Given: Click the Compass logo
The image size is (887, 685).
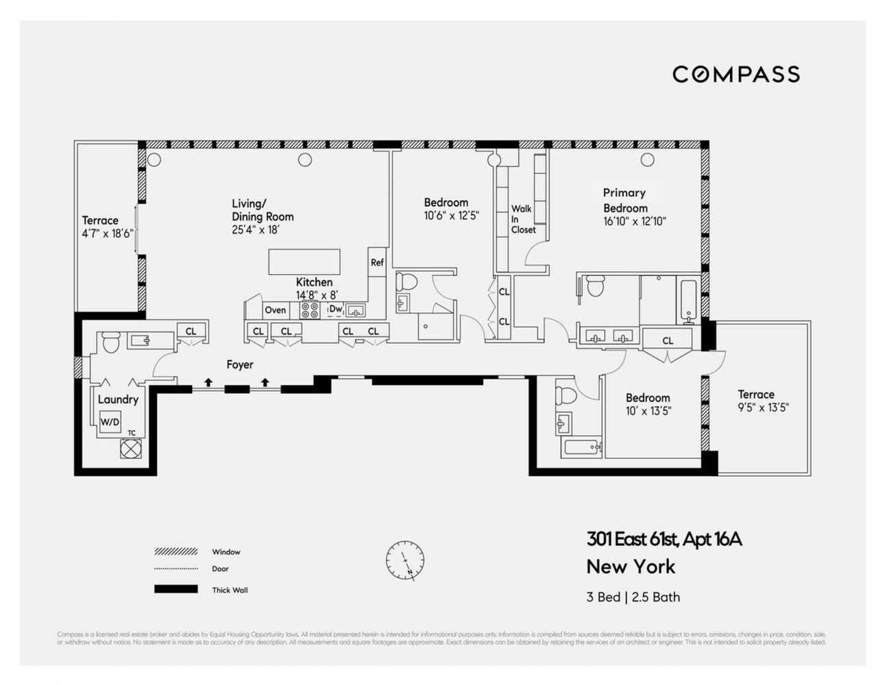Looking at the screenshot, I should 736,74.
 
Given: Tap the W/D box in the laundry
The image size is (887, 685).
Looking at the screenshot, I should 110,422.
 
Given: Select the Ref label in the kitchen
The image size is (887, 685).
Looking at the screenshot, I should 377,262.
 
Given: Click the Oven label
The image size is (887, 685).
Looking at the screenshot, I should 275,310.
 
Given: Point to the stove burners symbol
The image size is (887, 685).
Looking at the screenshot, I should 310,310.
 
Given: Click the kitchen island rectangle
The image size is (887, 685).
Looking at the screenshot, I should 304,262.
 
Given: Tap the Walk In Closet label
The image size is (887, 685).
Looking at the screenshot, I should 522,219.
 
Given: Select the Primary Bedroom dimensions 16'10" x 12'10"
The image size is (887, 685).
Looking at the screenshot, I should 635,221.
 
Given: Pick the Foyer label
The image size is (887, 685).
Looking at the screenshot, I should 240,365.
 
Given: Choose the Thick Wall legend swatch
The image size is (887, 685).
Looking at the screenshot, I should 175,589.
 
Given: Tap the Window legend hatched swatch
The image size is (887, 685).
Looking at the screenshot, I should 175,551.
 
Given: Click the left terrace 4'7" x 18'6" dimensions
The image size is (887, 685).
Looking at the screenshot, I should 107,234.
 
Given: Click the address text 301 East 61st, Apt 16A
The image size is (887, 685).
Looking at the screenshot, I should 664,540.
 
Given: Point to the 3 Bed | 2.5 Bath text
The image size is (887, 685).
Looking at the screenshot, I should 633,597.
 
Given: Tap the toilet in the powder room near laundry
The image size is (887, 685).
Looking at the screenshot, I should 110,340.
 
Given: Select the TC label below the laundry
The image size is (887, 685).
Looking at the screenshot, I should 131,433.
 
